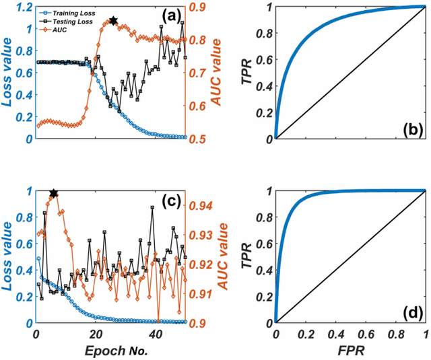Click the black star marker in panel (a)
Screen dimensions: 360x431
tap(113, 22)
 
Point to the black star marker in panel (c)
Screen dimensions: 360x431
tap(54, 194)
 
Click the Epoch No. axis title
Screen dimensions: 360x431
tap(110, 351)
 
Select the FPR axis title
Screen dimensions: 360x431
tap(350, 351)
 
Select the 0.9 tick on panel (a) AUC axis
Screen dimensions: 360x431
tap(197, 7)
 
